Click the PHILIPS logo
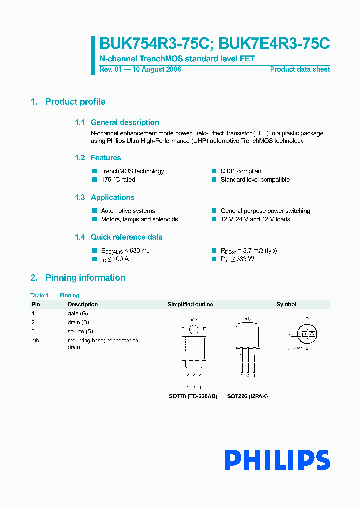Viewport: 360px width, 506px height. coord(277,460)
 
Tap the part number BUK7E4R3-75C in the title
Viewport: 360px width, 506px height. coord(274,44)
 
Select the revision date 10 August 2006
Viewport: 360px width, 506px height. coord(156,69)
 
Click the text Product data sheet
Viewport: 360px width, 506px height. coord(300,69)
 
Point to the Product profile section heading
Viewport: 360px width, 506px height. coord(75,102)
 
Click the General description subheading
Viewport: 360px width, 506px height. coord(125,122)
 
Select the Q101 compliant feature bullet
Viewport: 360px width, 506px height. coord(241,171)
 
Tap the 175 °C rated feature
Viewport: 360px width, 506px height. coord(118,180)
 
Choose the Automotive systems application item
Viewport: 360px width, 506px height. coord(128,211)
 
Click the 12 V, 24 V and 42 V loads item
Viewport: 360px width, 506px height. coord(255,219)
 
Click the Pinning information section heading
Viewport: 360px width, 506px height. coord(85,278)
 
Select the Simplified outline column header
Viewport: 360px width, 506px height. coord(190,304)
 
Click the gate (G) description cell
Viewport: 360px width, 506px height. coord(78,313)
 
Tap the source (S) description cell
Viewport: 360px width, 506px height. coord(80,331)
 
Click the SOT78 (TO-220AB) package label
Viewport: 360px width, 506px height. coord(193,396)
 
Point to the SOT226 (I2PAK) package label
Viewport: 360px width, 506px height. coord(247,396)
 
